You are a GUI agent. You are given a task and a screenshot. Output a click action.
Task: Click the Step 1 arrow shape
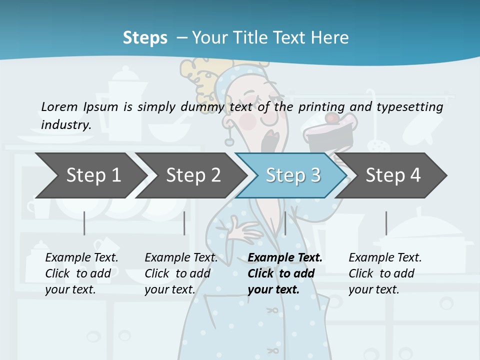click(x=90, y=175)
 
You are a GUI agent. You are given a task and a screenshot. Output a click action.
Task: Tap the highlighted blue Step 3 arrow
click(x=292, y=175)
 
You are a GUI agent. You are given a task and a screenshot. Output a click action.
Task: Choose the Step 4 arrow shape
click(x=392, y=175)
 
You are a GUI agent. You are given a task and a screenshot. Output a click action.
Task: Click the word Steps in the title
click(x=145, y=38)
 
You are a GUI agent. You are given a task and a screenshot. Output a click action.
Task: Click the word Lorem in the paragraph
click(x=59, y=106)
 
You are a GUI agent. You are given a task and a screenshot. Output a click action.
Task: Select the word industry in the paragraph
click(x=65, y=125)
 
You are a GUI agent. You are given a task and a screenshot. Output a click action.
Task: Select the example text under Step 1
click(x=81, y=273)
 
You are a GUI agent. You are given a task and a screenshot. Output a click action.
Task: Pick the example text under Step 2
click(x=181, y=273)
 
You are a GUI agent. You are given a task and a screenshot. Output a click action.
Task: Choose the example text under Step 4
click(x=385, y=273)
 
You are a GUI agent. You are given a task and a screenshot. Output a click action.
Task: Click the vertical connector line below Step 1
click(x=84, y=223)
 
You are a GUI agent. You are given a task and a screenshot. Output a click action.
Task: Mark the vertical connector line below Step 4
click(x=386, y=223)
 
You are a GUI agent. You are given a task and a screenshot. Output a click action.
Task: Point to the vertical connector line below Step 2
click(x=184, y=223)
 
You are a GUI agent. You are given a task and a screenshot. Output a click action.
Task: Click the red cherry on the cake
click(x=331, y=118)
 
